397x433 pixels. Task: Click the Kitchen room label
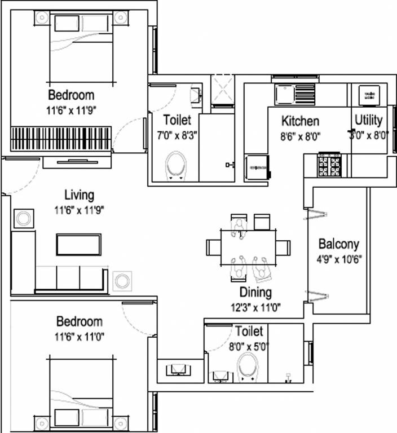click(x=300, y=121)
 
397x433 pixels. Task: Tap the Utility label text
click(x=369, y=120)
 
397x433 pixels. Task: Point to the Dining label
click(x=256, y=293)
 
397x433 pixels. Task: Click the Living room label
click(x=79, y=196)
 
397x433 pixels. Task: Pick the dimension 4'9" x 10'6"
click(x=339, y=261)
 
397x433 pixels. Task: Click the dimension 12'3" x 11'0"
click(x=255, y=307)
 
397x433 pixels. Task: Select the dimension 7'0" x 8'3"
click(x=177, y=135)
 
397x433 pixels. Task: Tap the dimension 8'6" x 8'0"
click(x=300, y=135)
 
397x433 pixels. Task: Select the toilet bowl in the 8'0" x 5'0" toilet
click(x=247, y=367)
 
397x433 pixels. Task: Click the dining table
click(x=248, y=247)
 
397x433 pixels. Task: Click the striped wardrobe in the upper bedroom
click(x=61, y=136)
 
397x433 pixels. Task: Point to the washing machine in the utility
click(x=370, y=94)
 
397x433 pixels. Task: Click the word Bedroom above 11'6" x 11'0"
click(x=80, y=322)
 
